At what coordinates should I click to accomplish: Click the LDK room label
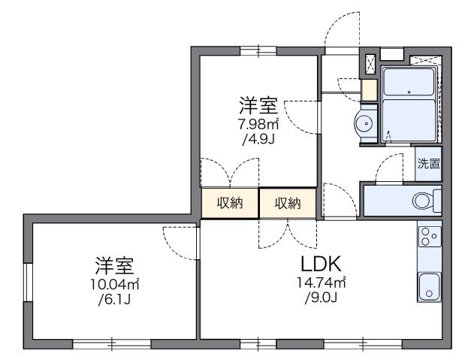coord(322,265)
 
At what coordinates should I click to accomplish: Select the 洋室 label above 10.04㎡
coord(114,265)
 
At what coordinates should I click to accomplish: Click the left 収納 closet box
coord(230,202)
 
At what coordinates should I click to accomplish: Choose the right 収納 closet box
coord(288,202)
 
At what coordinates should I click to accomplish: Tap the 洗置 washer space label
coord(428,164)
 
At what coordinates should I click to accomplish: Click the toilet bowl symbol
coord(424,200)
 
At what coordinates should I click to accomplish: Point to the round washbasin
coord(365,125)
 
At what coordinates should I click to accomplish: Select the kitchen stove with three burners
coord(429,237)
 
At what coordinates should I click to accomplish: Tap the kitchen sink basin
coord(429,286)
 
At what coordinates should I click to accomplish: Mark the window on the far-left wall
coord(27,286)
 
